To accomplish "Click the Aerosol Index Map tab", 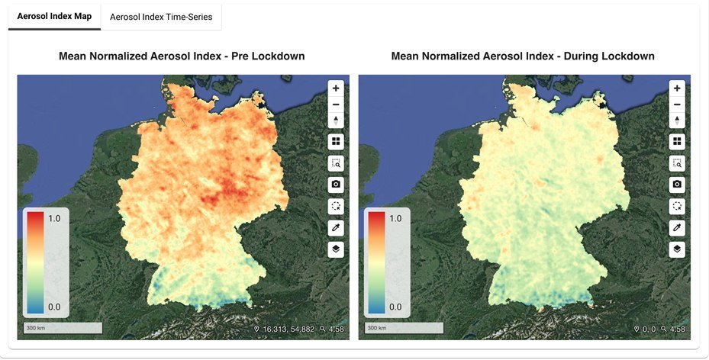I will click(x=54, y=16).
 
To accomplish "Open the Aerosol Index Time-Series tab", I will click(x=161, y=16).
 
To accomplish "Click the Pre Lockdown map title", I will click(x=182, y=56).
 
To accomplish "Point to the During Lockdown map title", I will click(x=522, y=56).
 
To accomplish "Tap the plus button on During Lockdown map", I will click(x=677, y=88).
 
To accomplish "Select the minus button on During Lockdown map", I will click(x=677, y=104).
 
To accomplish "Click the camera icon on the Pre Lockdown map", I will click(x=336, y=185).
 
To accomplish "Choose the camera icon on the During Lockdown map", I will click(x=677, y=185).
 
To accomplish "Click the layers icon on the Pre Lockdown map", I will click(x=336, y=249).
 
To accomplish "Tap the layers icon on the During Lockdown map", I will click(x=677, y=249).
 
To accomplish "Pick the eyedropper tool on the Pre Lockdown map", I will click(x=336, y=228).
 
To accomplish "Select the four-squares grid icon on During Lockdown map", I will click(x=677, y=142).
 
